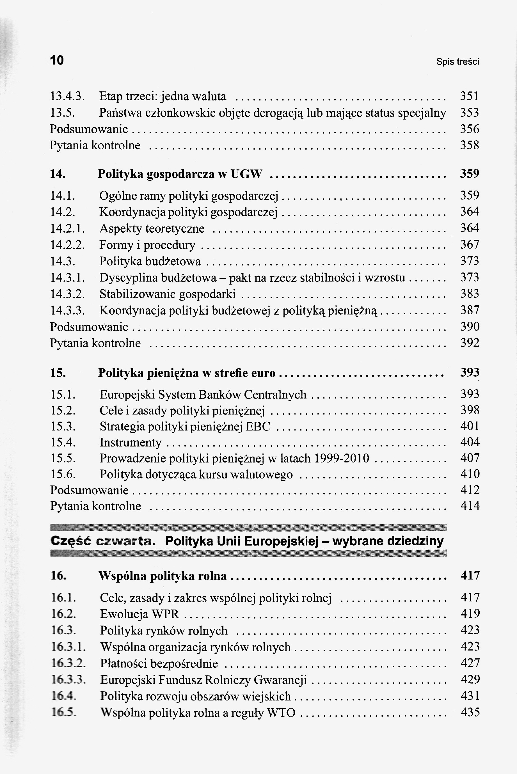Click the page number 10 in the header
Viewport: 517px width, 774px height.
coord(57,60)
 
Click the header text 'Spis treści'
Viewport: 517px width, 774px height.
coord(457,62)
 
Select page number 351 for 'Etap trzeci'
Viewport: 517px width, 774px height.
coord(469,96)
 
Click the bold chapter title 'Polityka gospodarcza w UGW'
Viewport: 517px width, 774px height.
coord(180,174)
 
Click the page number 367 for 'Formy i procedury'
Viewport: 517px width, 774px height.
coord(470,245)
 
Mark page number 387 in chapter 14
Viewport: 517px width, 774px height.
coord(470,310)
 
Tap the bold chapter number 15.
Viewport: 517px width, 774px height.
coord(58,373)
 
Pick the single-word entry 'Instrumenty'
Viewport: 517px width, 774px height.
coord(131,442)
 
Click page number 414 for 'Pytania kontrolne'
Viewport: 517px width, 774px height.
coord(470,506)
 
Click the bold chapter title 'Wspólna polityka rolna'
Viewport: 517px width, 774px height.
coord(163,576)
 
